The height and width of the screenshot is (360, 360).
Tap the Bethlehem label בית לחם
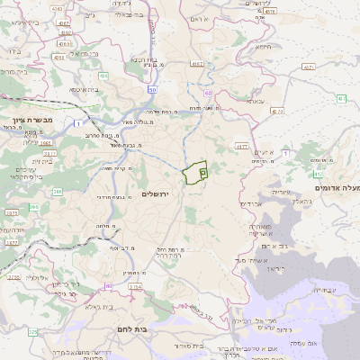click(131, 330)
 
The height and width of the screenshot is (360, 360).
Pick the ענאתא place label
click(255, 102)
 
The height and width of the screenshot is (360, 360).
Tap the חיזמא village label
click(264, 47)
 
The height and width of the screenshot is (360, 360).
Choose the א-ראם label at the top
click(222, 19)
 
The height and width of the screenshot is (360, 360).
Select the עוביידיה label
click(321, 290)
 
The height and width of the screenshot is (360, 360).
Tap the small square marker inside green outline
click(202, 170)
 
